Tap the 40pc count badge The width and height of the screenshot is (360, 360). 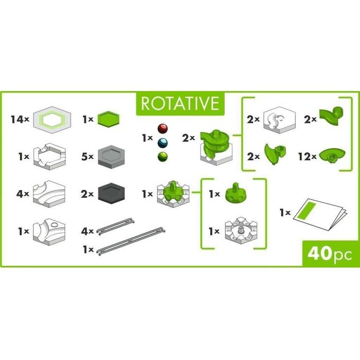[x=326, y=253]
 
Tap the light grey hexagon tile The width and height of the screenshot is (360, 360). [x=112, y=153]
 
